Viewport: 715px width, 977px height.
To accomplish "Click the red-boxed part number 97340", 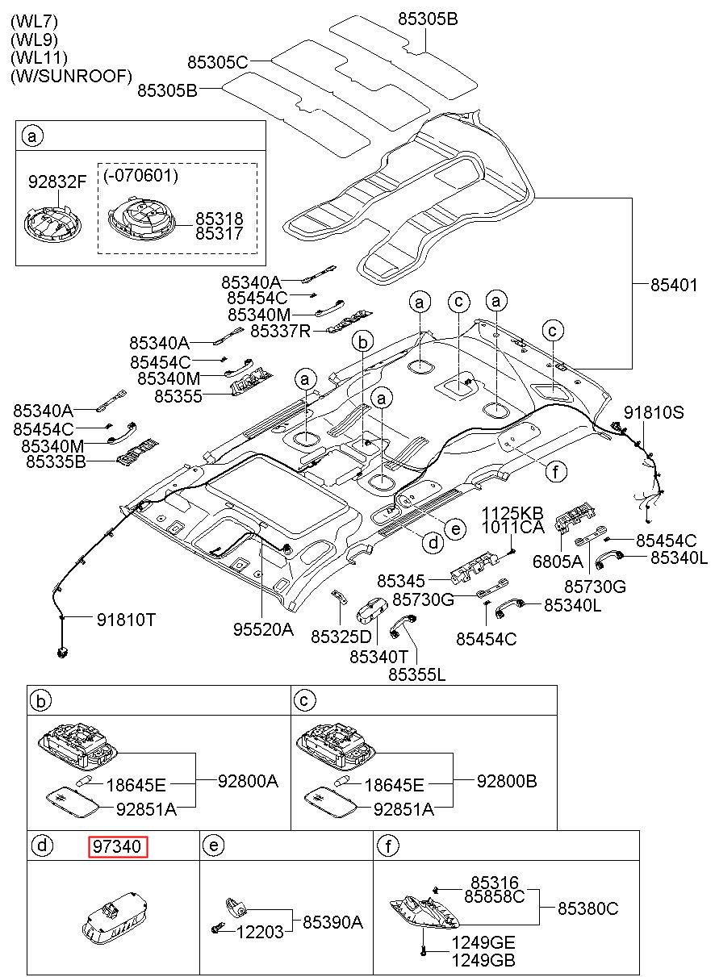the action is tap(118, 846).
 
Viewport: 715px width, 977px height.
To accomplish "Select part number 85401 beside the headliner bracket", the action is tap(674, 286).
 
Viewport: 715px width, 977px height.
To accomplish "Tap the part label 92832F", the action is tap(57, 182).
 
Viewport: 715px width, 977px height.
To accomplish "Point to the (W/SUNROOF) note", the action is tap(71, 76).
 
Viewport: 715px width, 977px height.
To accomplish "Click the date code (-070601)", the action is tap(141, 175).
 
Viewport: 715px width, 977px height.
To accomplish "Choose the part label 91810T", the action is tap(126, 620).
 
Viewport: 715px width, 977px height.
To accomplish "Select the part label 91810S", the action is tap(654, 412).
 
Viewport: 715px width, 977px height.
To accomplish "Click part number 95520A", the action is tap(264, 629).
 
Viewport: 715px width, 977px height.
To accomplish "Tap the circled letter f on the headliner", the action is tap(556, 471).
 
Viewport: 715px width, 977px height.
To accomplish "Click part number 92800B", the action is tap(507, 781).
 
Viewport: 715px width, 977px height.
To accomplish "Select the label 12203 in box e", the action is tap(260, 932).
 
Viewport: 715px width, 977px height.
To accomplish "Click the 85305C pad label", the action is tap(218, 62).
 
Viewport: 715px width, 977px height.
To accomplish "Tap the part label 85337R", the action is tap(281, 332).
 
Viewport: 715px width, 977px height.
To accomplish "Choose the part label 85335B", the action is tap(56, 461).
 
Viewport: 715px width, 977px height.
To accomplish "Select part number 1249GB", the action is tap(483, 959).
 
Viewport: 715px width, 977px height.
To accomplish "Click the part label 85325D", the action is tap(341, 637).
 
